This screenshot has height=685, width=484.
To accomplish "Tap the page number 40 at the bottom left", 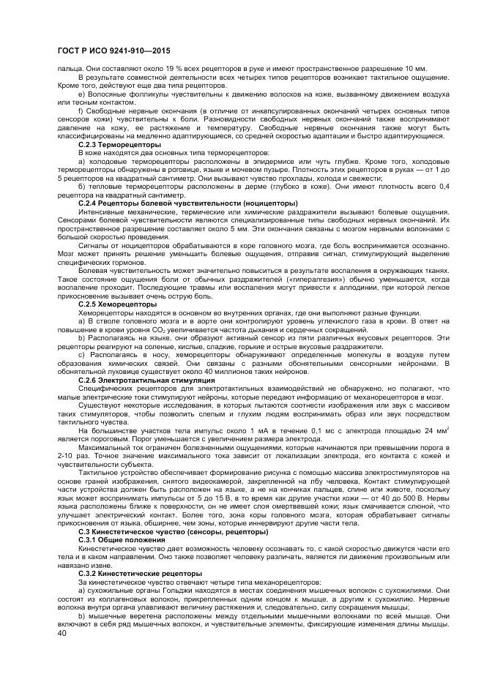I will (x=62, y=634).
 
